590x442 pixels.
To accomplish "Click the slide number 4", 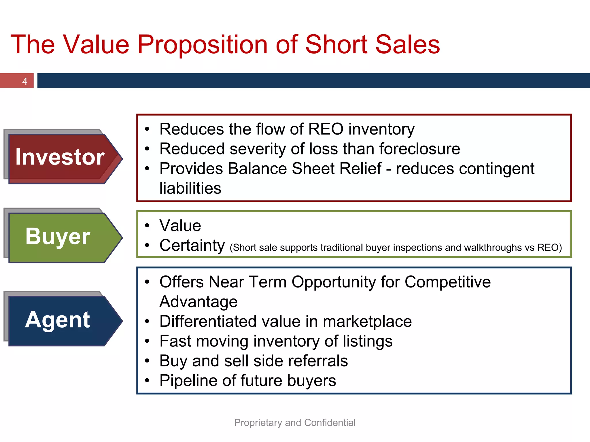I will [x=25, y=81].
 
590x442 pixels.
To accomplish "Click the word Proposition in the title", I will [x=203, y=45].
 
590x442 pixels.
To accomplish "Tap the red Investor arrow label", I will [x=60, y=157].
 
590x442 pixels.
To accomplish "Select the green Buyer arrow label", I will [x=58, y=236].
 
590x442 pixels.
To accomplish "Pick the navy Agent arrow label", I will [x=58, y=320].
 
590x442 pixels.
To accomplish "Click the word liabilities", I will [x=190, y=188].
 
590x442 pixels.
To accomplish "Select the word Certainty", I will [x=192, y=245].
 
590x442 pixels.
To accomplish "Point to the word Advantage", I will [x=198, y=302].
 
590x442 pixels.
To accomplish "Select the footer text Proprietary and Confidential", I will [x=295, y=423].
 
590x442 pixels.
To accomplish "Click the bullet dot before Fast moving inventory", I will [x=147, y=341].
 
